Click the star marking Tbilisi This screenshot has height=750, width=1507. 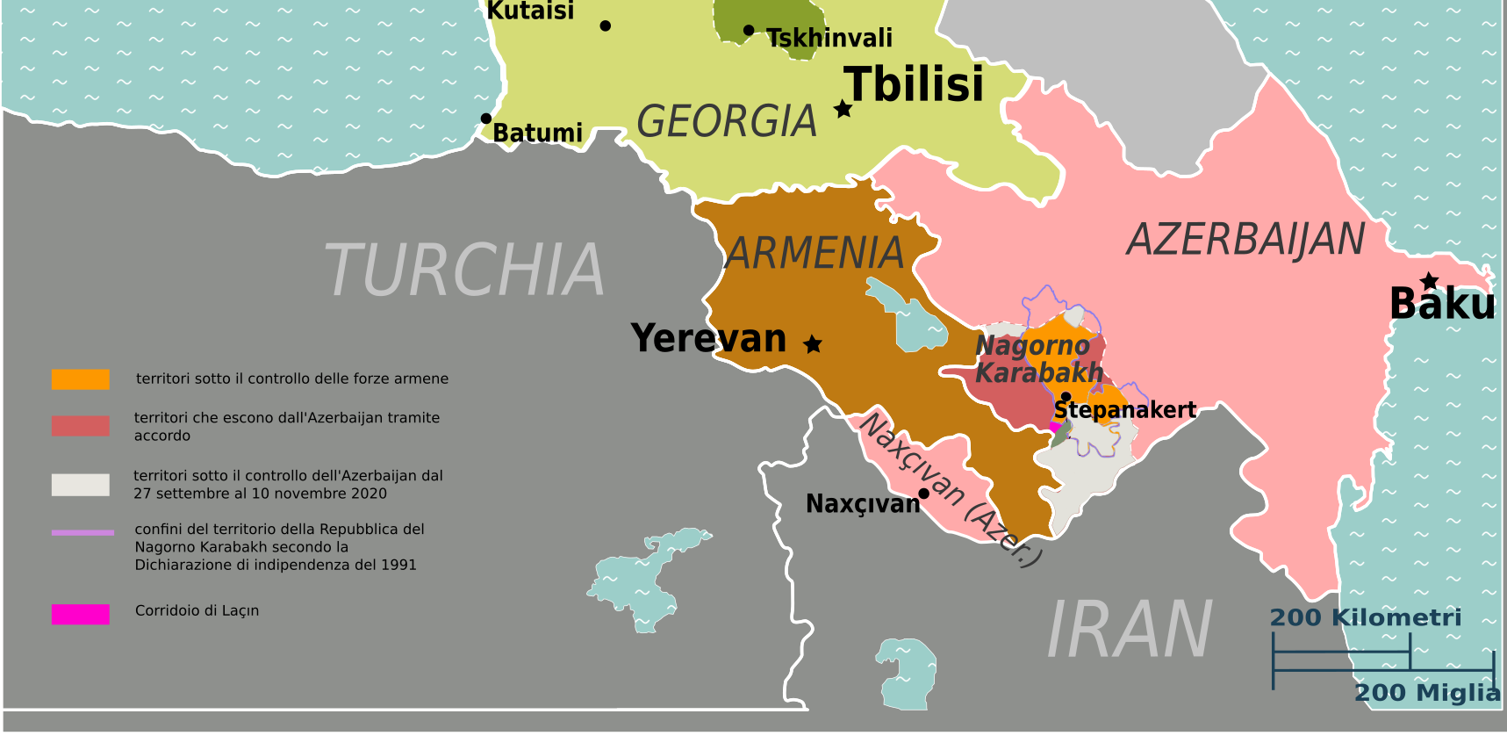843,109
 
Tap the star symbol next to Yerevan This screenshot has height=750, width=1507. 813,343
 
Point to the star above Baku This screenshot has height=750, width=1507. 1430,281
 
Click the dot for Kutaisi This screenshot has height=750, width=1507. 605,25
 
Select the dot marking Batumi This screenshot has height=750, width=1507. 485,119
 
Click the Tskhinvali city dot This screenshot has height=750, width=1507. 749,31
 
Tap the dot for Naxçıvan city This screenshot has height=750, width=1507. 923,494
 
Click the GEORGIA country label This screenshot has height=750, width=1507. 727,121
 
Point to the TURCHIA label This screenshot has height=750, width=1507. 464,270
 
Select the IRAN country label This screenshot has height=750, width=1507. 1130,630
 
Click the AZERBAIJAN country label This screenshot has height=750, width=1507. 1245,240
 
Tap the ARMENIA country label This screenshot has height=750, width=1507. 814,254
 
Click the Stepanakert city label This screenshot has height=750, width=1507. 1124,410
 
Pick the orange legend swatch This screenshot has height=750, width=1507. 81,379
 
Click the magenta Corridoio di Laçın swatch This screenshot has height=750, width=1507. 81,614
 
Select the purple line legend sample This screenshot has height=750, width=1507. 83,532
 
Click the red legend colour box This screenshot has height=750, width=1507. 81,426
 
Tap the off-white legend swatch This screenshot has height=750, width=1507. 81,485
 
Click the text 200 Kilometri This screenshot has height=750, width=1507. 1365,617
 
